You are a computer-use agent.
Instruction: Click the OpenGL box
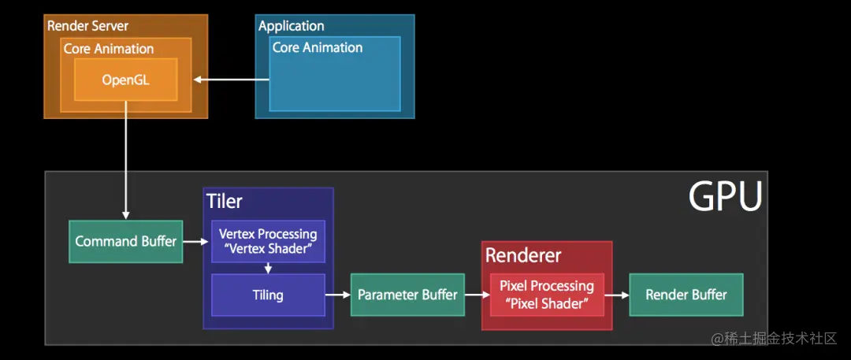click(x=125, y=80)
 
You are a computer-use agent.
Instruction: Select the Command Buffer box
click(x=125, y=241)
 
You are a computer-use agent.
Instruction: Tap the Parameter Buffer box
click(x=407, y=295)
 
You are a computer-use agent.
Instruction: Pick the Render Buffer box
click(x=686, y=295)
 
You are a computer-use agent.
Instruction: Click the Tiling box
click(x=268, y=295)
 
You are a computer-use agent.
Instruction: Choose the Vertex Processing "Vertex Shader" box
click(x=268, y=241)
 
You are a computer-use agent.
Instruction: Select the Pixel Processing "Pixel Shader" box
click(x=546, y=295)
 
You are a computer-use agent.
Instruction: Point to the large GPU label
click(x=725, y=196)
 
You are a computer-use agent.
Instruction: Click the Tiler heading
click(x=225, y=201)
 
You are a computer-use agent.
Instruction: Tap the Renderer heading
click(x=523, y=255)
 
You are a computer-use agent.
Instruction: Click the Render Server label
click(x=87, y=26)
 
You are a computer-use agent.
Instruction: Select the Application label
click(x=291, y=26)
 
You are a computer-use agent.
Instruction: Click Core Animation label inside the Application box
click(x=317, y=47)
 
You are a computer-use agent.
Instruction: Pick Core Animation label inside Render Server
click(x=108, y=48)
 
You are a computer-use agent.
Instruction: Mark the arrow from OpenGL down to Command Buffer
click(x=125, y=165)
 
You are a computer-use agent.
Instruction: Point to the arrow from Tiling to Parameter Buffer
click(x=337, y=295)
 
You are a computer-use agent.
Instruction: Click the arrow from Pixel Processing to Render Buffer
click(x=620, y=295)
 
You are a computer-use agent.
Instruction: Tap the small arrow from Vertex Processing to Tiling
click(x=268, y=268)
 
